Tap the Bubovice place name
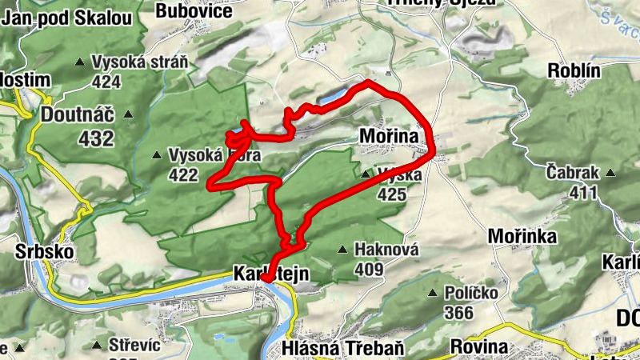click(x=194, y=10)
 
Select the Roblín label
click(x=574, y=70)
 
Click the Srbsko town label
click(x=45, y=252)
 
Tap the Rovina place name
click(x=479, y=346)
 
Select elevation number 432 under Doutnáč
click(x=96, y=138)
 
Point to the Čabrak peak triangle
click(x=611, y=173)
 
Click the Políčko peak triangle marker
click(x=434, y=294)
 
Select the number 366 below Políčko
click(x=459, y=313)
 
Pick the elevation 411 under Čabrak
click(x=584, y=192)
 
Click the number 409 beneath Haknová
click(x=369, y=270)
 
